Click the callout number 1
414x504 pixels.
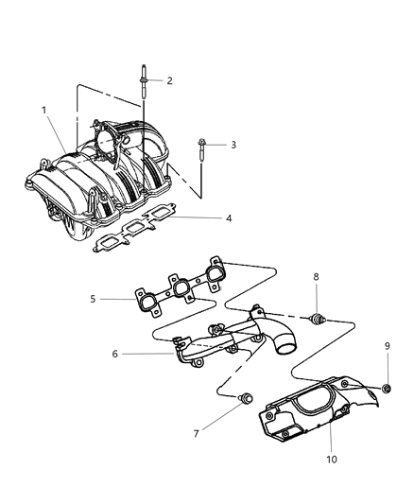pyautogui.click(x=43, y=110)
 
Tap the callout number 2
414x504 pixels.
pyautogui.click(x=169, y=81)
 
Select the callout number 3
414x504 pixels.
pyautogui.click(x=233, y=145)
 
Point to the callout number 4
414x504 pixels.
pyautogui.click(x=227, y=218)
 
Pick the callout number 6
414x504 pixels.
pyautogui.click(x=115, y=356)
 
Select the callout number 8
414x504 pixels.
pyautogui.click(x=317, y=276)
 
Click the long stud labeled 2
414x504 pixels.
pyautogui.click(x=144, y=85)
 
